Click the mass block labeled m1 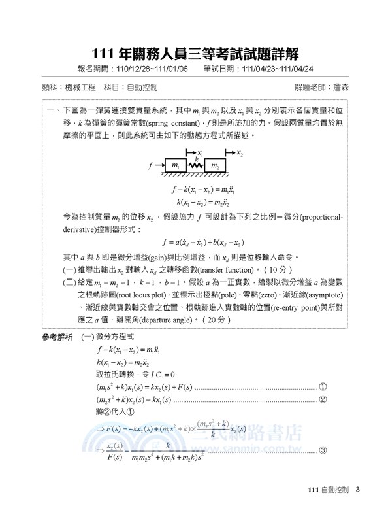[174, 167]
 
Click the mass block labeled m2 [214, 167]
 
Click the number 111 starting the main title [106, 52]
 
